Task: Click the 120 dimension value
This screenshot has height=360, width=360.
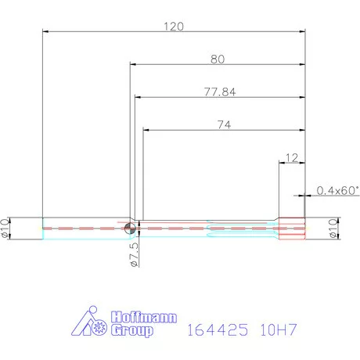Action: tap(174, 26)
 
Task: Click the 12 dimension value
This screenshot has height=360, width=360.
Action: tap(291, 157)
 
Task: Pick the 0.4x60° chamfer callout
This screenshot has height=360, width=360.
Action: tap(337, 190)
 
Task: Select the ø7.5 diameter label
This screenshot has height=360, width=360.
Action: tap(134, 254)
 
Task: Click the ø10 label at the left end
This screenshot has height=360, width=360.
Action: tap(7, 228)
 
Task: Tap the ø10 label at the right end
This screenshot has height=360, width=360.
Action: tap(332, 229)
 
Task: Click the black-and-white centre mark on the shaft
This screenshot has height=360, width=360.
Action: tap(129, 228)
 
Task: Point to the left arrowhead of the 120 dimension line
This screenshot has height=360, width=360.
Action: tap(45, 32)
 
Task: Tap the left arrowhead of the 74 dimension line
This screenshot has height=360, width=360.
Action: tap(146, 131)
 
